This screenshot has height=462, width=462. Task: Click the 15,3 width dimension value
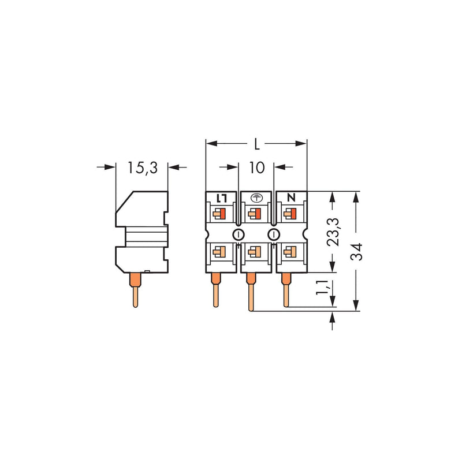pyautogui.click(x=143, y=168)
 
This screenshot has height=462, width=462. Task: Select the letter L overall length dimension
pyautogui.click(x=257, y=144)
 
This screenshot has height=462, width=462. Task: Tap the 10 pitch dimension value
pyautogui.click(x=257, y=167)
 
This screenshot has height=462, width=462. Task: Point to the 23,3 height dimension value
pyautogui.click(x=333, y=232)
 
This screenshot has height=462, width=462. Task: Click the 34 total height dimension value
pyautogui.click(x=356, y=252)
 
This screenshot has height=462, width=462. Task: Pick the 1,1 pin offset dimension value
pyautogui.click(x=322, y=287)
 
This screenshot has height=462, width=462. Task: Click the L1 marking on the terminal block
pyautogui.click(x=221, y=198)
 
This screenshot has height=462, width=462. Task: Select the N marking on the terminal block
pyautogui.click(x=291, y=198)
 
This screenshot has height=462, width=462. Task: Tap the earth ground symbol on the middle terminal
pyautogui.click(x=256, y=198)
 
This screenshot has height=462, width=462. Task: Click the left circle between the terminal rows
pyautogui.click(x=239, y=234)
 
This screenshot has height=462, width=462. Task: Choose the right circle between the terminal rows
pyautogui.click(x=274, y=234)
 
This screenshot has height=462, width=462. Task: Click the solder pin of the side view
pyautogui.click(x=135, y=290)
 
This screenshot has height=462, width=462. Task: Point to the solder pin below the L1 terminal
pyautogui.click(x=215, y=290)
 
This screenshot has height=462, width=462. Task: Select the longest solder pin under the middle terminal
pyautogui.click(x=251, y=292)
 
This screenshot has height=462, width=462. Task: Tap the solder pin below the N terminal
pyautogui.click(x=286, y=290)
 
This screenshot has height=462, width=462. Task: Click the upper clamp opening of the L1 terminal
pyautogui.click(x=219, y=213)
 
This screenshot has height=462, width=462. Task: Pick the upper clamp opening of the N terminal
pyautogui.click(x=290, y=213)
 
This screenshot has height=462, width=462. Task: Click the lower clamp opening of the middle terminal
pyautogui.click(x=254, y=252)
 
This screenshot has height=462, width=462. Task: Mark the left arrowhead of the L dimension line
pyautogui.click(x=211, y=144)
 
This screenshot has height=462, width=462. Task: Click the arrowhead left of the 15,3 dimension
pyautogui.click(x=110, y=167)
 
